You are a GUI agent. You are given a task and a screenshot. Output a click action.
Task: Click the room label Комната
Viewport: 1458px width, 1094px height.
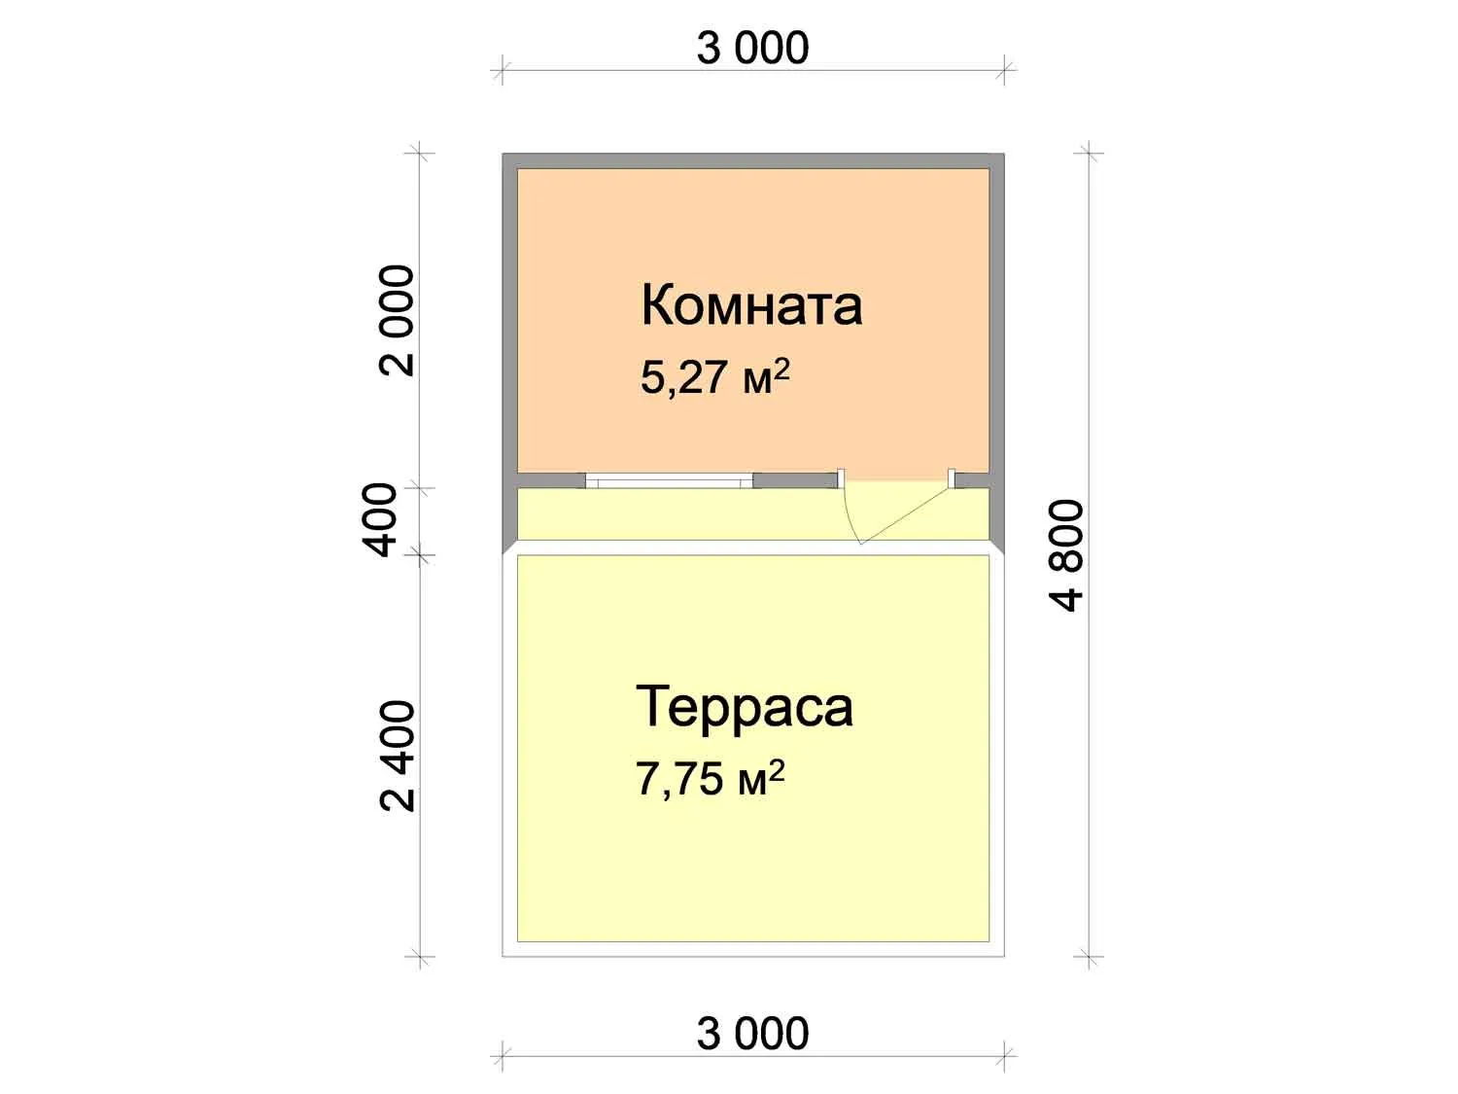pyautogui.click(x=751, y=305)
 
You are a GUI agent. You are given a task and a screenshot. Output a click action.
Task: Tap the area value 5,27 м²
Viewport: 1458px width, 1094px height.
pyautogui.click(x=715, y=376)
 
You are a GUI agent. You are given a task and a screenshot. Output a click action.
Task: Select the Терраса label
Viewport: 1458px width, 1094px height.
pyautogui.click(x=745, y=707)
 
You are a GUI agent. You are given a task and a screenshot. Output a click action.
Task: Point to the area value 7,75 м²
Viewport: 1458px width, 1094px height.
pyautogui.click(x=711, y=777)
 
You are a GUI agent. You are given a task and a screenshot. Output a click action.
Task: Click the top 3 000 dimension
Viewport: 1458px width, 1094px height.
pyautogui.click(x=752, y=48)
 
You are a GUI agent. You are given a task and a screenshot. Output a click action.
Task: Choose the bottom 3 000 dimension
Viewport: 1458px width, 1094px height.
pyautogui.click(x=752, y=1033)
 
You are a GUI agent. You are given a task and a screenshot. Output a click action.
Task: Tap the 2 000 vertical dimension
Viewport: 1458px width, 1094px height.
pyautogui.click(x=397, y=321)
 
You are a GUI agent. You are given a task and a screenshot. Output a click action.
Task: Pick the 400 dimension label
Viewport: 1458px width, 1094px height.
pyautogui.click(x=379, y=520)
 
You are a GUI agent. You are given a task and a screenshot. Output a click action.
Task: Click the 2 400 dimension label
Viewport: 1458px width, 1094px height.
pyautogui.click(x=397, y=756)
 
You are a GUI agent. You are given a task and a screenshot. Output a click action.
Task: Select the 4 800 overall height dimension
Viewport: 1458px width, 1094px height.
pyautogui.click(x=1066, y=555)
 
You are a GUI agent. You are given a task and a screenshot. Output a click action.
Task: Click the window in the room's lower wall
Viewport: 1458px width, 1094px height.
pyautogui.click(x=669, y=481)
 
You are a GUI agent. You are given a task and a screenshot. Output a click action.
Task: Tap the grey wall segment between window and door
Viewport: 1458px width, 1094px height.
pyautogui.click(x=795, y=480)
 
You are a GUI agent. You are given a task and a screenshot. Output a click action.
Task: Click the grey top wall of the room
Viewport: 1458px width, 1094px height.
pyautogui.click(x=753, y=160)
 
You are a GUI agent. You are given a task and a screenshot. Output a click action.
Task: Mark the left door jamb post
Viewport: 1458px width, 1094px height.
pyautogui.click(x=841, y=478)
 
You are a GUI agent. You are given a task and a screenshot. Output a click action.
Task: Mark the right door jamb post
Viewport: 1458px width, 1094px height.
pyautogui.click(x=952, y=478)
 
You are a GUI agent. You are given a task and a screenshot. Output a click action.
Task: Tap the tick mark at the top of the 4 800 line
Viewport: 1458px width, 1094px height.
pyautogui.click(x=1089, y=154)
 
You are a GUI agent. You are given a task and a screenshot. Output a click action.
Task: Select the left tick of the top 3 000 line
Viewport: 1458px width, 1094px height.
pyautogui.click(x=503, y=69)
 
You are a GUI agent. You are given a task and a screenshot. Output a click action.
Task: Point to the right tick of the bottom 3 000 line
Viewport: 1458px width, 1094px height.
pyautogui.click(x=1005, y=1056)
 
